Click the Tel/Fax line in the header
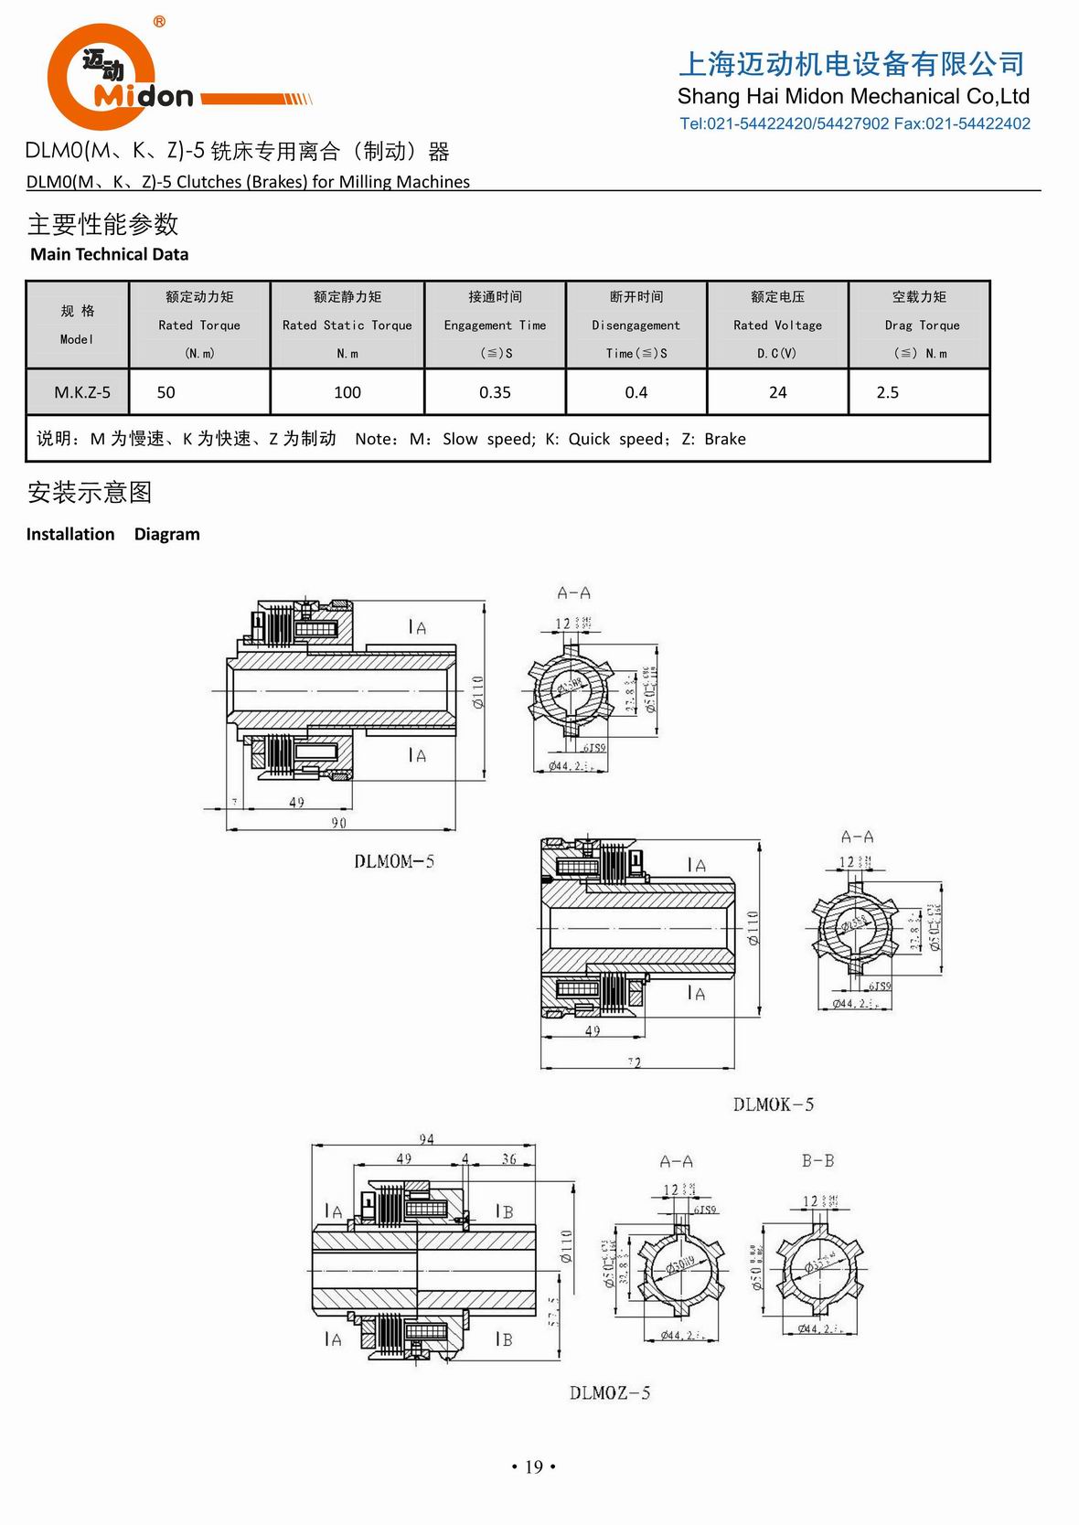pos(854,123)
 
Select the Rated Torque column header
pos(199,325)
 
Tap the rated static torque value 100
pos(347,392)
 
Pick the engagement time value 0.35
pos(495,392)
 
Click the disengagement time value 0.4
pos(636,392)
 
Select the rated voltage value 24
pos(777,392)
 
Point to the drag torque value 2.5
pos(887,392)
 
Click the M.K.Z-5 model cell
pos(81,392)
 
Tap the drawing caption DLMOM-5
pos(394,861)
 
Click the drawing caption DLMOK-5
pos(773,1104)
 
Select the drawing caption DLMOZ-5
pos(609,1392)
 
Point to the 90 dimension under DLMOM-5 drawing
pos(338,823)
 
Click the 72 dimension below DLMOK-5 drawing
pos(635,1062)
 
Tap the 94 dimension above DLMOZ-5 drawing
pos(426,1139)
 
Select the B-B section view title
pos(817,1160)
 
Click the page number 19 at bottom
pos(534,1466)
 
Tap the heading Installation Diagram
pos(112,534)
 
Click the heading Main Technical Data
pos(109,254)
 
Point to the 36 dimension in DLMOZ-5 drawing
pos(508,1158)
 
